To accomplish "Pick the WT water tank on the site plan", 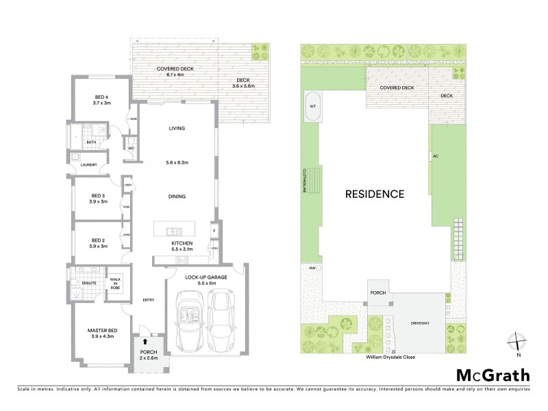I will tap(313, 107).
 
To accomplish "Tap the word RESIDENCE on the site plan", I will tap(374, 193).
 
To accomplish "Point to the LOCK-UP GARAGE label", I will tap(204, 277).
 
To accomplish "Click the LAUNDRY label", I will tap(87, 164).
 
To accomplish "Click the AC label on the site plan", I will tap(435, 156).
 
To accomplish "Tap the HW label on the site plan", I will tap(312, 268).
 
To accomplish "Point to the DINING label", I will tap(178, 196).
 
